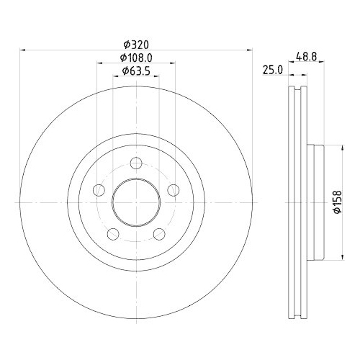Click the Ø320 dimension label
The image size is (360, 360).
pyautogui.click(x=136, y=45)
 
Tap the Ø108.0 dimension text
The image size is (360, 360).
pyautogui.click(x=136, y=58)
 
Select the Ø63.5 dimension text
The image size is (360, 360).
pyautogui.click(x=136, y=71)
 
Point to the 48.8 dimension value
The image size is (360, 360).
pyautogui.click(x=307, y=57)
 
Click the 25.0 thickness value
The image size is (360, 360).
pyautogui.click(x=273, y=70)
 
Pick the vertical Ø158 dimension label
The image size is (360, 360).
pyautogui.click(x=337, y=202)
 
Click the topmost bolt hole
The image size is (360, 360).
pyautogui.click(x=136, y=163)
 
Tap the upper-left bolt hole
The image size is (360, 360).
pyautogui.click(x=99, y=190)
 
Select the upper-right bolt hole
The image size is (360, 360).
pyautogui.click(x=174, y=190)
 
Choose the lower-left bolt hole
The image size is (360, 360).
pyautogui.click(x=113, y=234)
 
